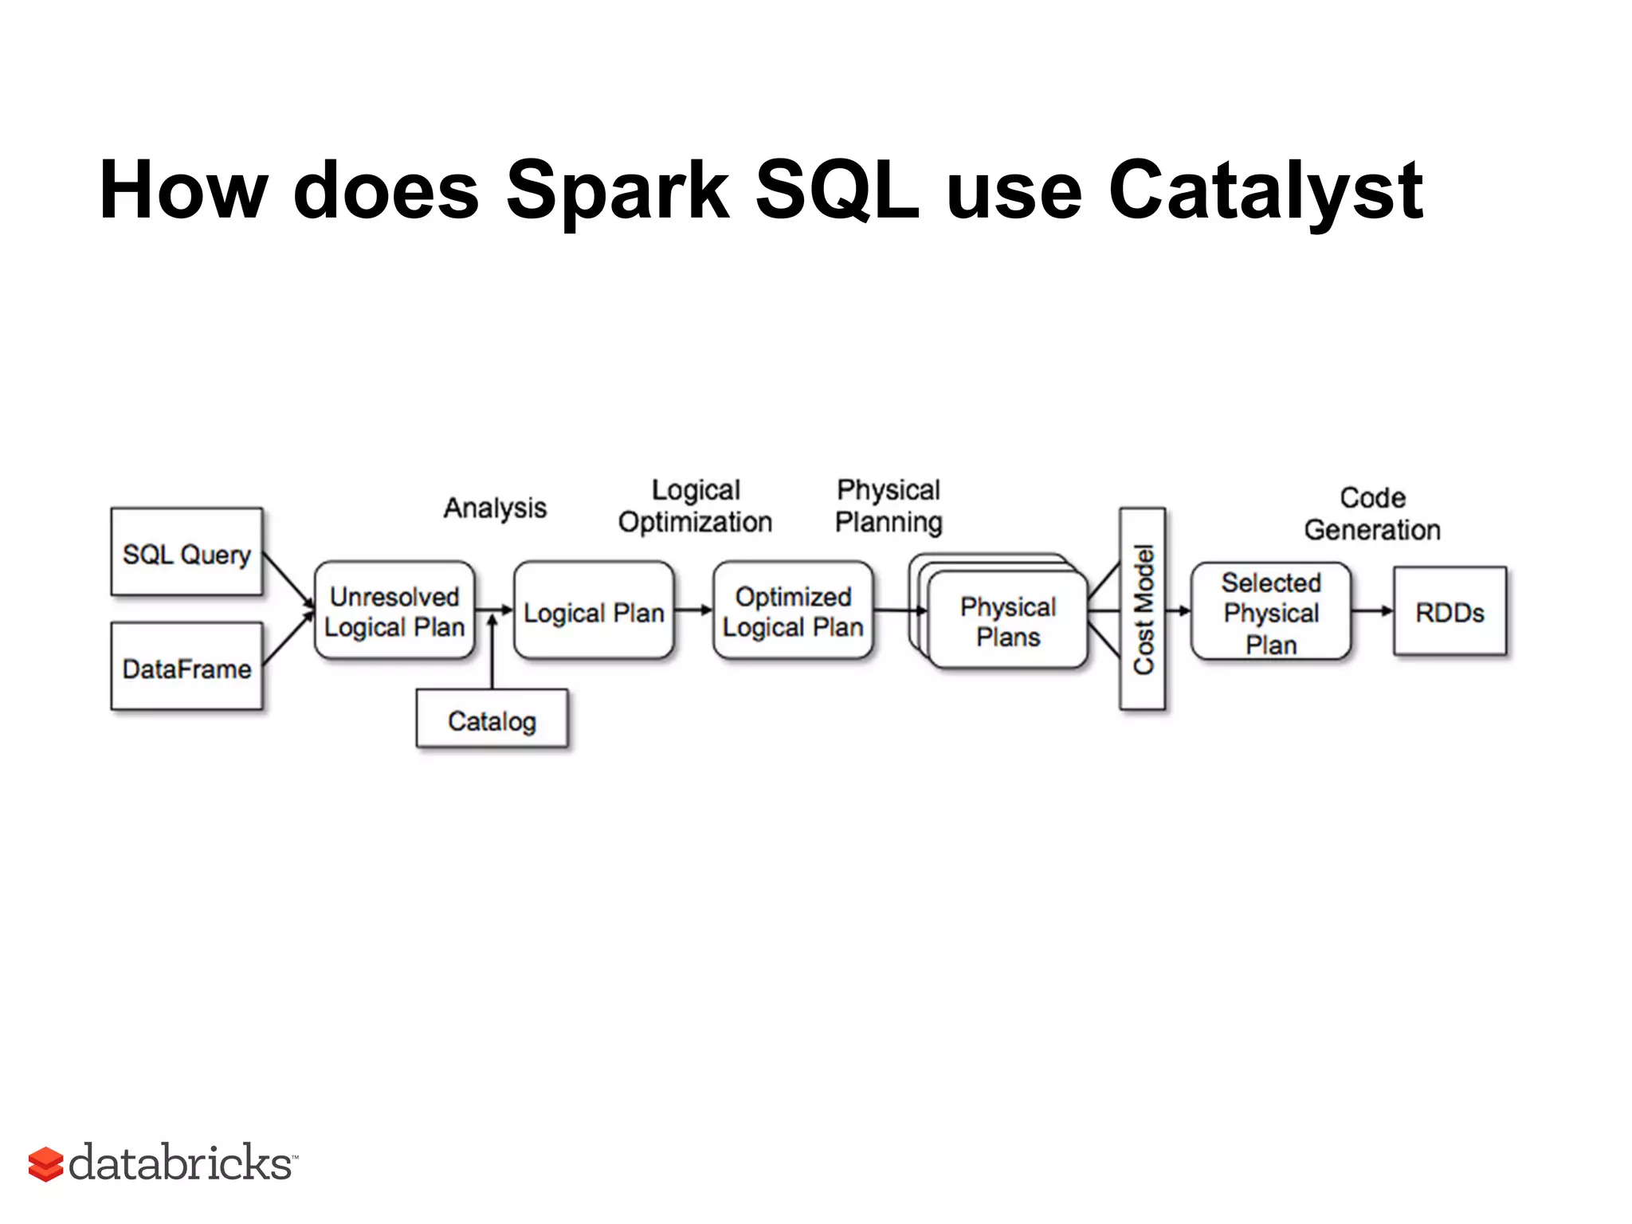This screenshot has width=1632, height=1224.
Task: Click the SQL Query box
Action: [186, 552]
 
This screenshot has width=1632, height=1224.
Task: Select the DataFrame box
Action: [186, 667]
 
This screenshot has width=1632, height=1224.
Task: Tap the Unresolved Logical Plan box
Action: [394, 611]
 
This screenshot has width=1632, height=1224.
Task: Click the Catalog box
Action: [492, 720]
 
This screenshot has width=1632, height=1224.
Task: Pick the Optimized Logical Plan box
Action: [793, 611]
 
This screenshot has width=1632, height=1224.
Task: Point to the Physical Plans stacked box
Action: [1007, 621]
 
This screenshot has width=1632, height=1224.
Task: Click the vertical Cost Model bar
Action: [1142, 609]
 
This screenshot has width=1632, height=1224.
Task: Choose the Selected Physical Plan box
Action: [1270, 612]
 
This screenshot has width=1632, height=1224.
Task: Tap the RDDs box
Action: [1450, 612]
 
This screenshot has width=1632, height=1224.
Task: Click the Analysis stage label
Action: [495, 508]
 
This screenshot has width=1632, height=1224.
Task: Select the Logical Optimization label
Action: [695, 506]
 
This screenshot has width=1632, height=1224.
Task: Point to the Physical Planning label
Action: [889, 506]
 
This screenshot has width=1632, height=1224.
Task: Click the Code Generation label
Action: [1372, 514]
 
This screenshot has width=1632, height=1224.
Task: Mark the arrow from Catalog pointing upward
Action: [492, 653]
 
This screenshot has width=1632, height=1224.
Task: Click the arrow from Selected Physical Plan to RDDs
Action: [1371, 611]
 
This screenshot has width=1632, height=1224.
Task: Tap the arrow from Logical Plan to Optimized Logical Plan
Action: [693, 610]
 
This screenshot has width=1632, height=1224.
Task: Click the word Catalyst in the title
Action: [1265, 191]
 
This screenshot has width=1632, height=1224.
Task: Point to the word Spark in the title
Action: [617, 191]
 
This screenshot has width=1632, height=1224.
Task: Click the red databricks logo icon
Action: [45, 1164]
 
